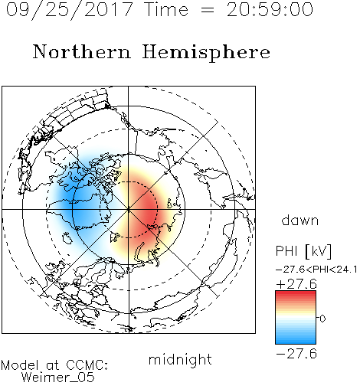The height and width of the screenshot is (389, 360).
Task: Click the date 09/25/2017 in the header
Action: (70, 10)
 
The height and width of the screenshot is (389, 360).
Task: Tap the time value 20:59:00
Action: (270, 10)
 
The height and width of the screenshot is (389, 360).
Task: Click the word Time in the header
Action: (166, 10)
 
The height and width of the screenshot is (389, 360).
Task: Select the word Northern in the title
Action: (82, 51)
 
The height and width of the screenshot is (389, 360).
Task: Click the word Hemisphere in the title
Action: (206, 53)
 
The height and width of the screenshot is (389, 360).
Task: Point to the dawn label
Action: (300, 221)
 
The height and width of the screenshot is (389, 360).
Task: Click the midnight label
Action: (180, 360)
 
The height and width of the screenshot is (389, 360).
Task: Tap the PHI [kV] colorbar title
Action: (303, 251)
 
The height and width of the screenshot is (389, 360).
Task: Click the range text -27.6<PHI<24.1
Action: (316, 270)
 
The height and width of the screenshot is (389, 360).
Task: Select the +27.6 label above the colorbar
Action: (296, 284)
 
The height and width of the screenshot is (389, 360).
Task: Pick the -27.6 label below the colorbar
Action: (296, 354)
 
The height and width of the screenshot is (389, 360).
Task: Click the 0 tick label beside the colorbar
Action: (322, 319)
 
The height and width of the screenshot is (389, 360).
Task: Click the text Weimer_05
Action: (58, 378)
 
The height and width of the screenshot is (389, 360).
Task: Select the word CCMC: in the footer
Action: (87, 365)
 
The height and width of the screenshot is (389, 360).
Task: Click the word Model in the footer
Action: (20, 365)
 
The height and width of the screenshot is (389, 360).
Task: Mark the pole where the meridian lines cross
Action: (129, 209)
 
